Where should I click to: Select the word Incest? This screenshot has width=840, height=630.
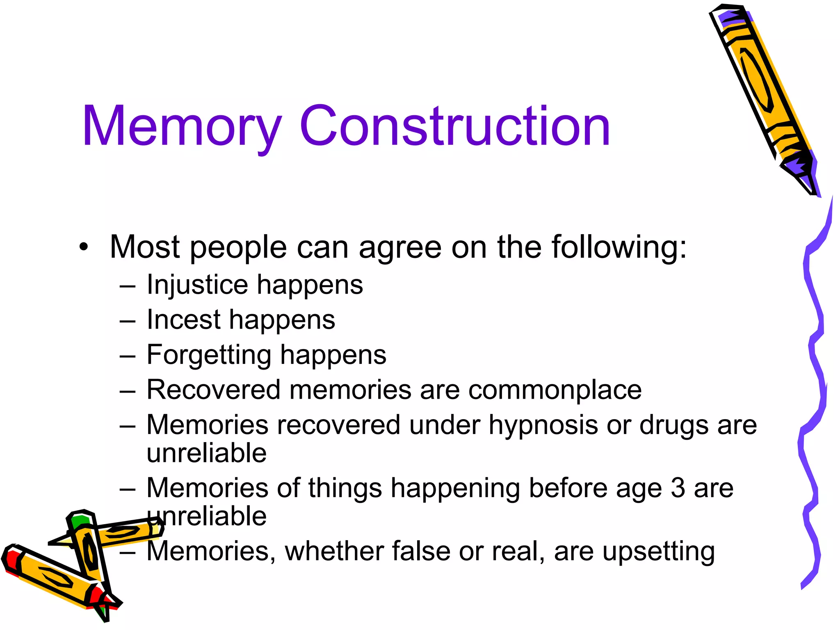[x=184, y=320]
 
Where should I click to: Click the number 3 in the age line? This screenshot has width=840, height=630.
[x=678, y=488]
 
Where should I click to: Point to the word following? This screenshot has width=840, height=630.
[x=619, y=248]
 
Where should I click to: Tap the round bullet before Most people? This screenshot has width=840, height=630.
[x=84, y=247]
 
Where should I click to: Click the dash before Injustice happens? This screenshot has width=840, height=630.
[x=128, y=286]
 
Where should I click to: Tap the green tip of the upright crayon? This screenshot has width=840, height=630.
[x=78, y=522]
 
